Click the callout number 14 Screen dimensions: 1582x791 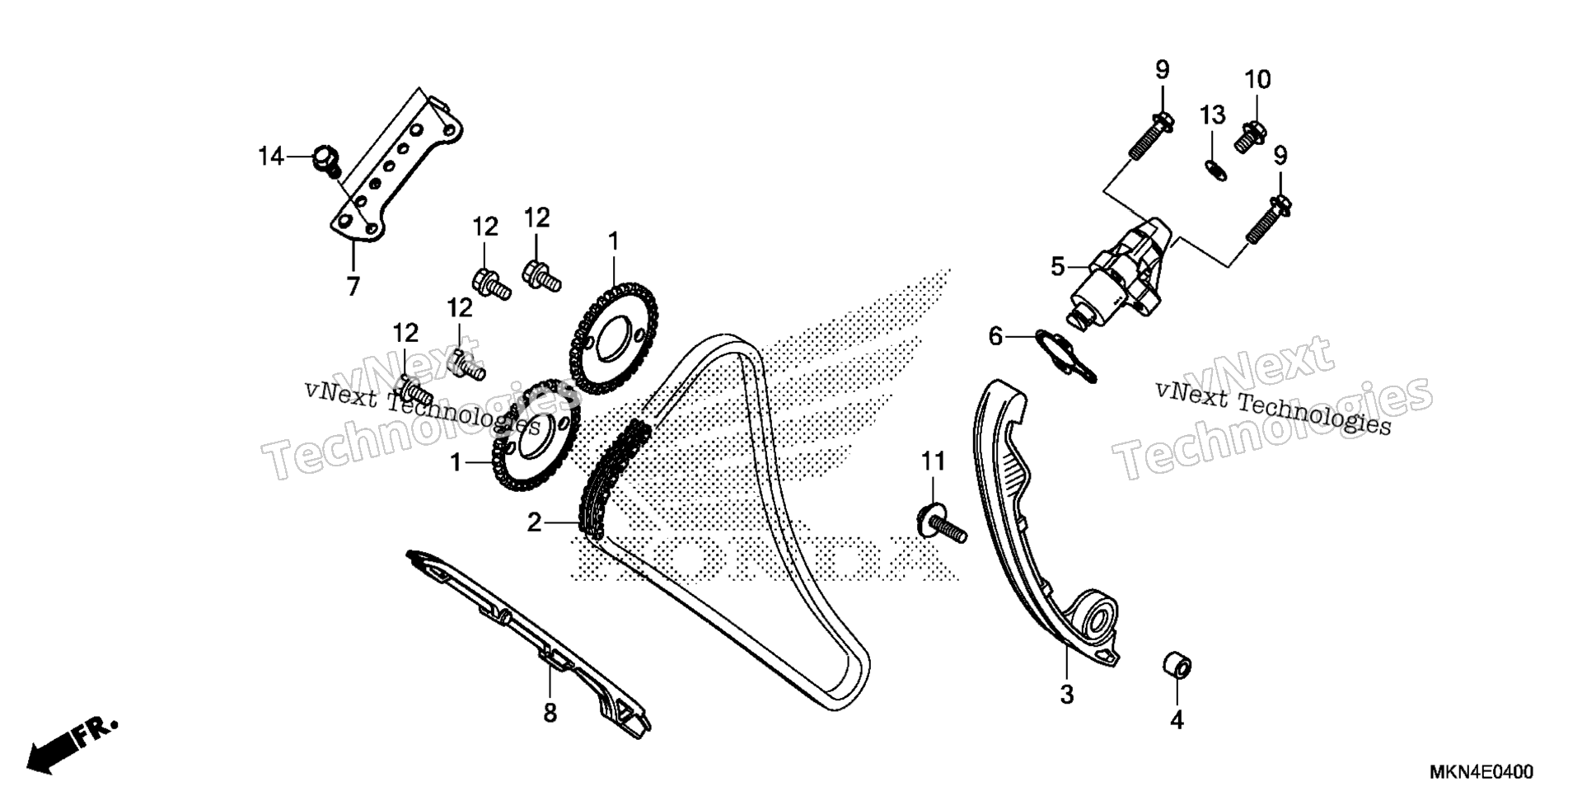[x=270, y=156]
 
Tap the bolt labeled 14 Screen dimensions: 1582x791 [x=326, y=160]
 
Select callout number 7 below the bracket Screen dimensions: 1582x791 [x=353, y=287]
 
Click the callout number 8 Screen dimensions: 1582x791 [x=550, y=713]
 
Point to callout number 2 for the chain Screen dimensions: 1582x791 [x=535, y=522]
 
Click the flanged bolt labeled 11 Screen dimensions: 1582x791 [x=943, y=526]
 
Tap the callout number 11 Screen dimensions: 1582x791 [x=933, y=461]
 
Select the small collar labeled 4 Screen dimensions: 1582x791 [x=1177, y=666]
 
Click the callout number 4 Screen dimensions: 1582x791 [x=1177, y=720]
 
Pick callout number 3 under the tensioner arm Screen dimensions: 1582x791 [x=1066, y=695]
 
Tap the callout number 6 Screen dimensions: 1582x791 [x=995, y=336]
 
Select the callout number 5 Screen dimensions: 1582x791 [x=1058, y=266]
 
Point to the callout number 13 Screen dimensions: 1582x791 [x=1212, y=115]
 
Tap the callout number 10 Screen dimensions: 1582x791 [x=1257, y=80]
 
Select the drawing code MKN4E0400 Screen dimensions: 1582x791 [x=1481, y=772]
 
